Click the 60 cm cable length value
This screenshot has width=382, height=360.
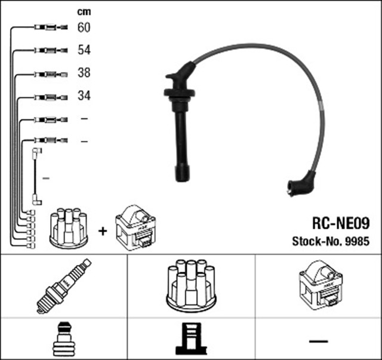pos(84,27)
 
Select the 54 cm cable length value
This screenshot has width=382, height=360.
pos(84,51)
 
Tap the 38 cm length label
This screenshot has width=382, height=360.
pos(84,73)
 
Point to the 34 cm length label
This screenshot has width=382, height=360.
pos(84,96)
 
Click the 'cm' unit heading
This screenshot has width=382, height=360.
pos(84,11)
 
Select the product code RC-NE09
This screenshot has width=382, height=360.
pos(341,223)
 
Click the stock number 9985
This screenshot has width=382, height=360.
pos(331,242)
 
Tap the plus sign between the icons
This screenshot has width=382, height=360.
pos(102,230)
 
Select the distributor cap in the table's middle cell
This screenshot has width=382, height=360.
pos(191,285)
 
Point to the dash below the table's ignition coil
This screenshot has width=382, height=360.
pos(319,340)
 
